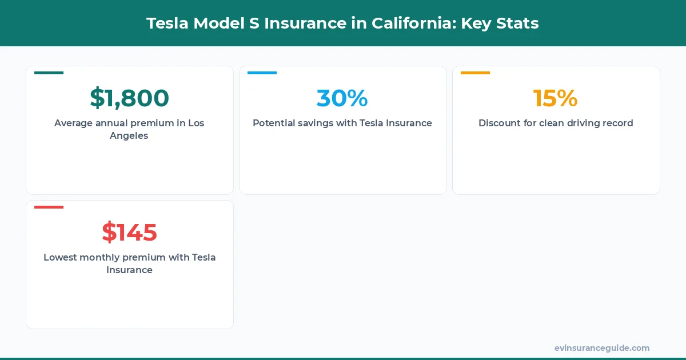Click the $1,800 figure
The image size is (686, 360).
(x=129, y=98)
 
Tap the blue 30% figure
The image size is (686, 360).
(x=342, y=98)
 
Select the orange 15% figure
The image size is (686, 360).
(x=555, y=98)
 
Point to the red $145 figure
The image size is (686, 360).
(x=129, y=233)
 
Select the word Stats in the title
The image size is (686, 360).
(x=518, y=23)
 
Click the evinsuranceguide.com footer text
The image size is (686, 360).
(x=601, y=348)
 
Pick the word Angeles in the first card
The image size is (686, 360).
(x=129, y=136)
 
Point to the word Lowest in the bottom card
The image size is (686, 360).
(x=61, y=257)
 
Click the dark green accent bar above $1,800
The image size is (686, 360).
(x=49, y=73)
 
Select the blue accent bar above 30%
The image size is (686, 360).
(x=262, y=73)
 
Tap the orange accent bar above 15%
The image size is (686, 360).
(x=475, y=73)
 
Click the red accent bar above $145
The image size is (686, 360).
(x=49, y=207)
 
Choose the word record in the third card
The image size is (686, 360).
(x=616, y=123)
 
